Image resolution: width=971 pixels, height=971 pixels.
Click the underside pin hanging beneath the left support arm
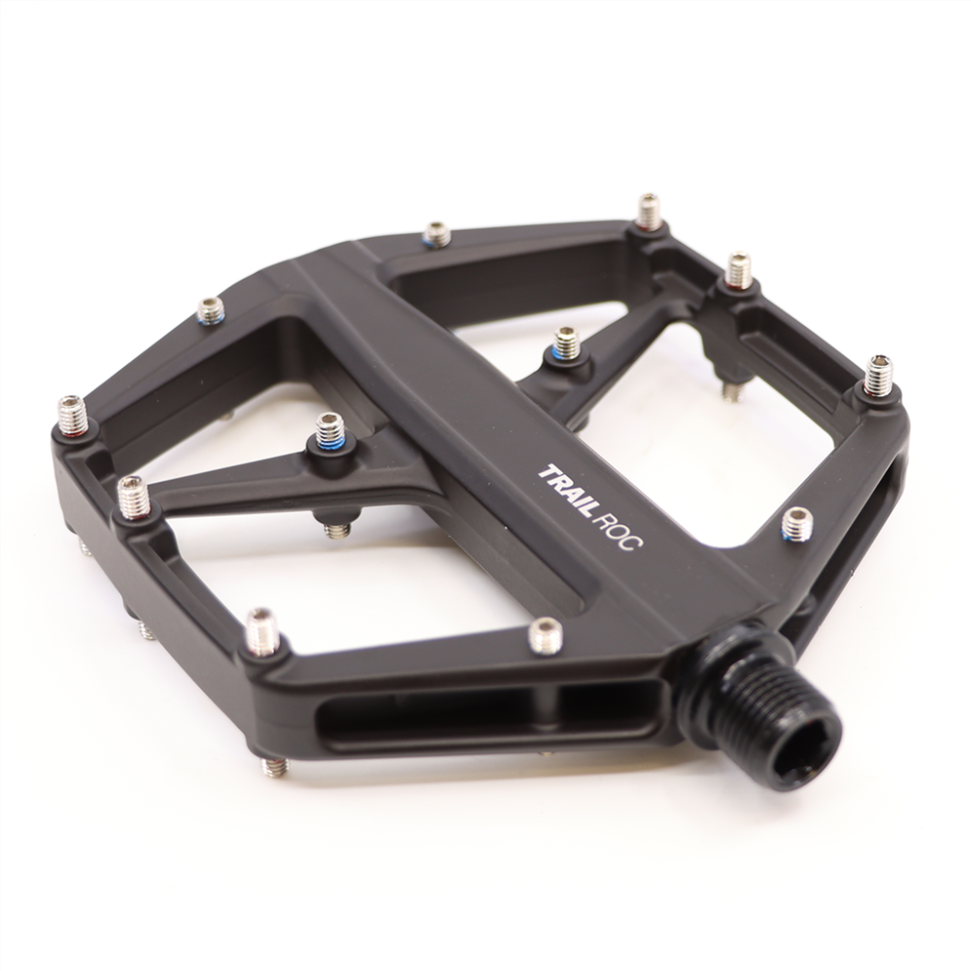coord(338,530)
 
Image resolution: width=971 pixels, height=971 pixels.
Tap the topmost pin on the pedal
coord(649,211)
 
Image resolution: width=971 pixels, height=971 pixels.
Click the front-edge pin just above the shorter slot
coord(546,636)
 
